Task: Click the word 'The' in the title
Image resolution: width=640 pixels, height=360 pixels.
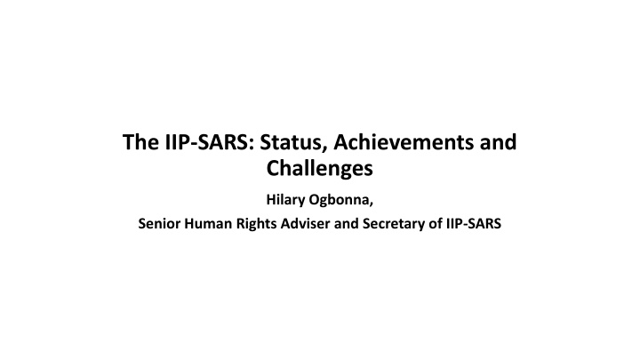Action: point(140,142)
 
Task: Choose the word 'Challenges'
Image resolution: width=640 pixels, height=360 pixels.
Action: point(320,168)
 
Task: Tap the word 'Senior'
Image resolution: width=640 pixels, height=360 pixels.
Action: point(159,224)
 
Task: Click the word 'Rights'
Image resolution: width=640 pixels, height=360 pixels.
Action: point(254,224)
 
